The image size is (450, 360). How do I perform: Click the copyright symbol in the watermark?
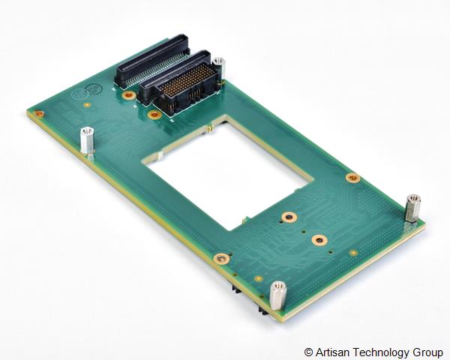click(x=308, y=352)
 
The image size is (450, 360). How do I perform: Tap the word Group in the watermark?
click(x=428, y=352)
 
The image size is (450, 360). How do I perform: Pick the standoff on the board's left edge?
click(x=87, y=141)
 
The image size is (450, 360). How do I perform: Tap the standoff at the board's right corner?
click(x=412, y=208)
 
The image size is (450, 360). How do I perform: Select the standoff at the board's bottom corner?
click(x=277, y=295)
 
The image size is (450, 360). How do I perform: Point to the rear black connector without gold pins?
click(x=152, y=61)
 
